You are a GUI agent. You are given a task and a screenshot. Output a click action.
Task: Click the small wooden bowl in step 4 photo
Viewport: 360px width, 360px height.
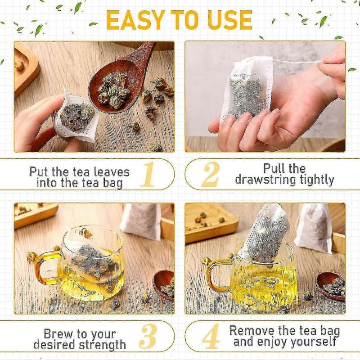tap(331, 285)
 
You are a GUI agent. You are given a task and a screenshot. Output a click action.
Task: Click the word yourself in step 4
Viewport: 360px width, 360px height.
tap(311, 342)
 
